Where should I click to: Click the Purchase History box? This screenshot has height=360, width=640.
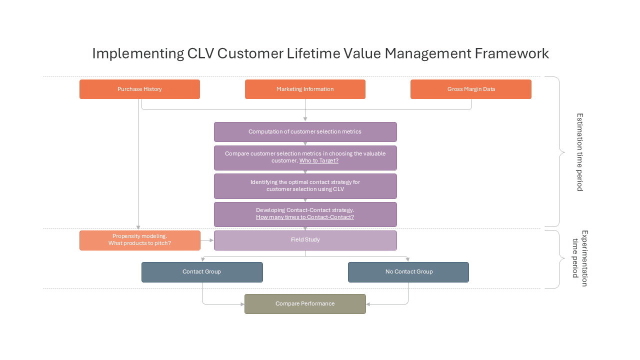coord(139,89)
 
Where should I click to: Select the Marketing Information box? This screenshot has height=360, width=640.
coord(305,89)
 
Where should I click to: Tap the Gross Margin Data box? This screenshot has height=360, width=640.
coord(471,89)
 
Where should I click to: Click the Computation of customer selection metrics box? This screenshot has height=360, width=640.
coord(305,132)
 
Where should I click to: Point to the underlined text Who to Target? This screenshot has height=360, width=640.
coord(319,160)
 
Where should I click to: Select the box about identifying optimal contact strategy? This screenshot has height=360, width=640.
coord(305,186)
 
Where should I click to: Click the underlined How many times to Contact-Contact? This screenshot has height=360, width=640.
coord(305,217)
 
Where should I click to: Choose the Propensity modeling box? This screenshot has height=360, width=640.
coord(139,240)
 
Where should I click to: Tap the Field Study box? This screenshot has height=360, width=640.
coord(305,240)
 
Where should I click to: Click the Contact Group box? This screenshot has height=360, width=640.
coord(202,272)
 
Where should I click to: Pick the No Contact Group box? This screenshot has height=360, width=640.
coord(408,272)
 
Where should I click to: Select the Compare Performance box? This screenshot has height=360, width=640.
coord(305,304)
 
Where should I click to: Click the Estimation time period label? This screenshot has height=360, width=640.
coord(579,152)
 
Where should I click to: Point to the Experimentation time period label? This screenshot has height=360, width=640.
coord(579,258)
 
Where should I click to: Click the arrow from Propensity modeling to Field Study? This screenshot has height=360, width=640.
coord(207,240)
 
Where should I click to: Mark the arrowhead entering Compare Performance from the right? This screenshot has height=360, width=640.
coord(368,304)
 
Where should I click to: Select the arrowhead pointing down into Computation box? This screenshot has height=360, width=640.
coord(305,119)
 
